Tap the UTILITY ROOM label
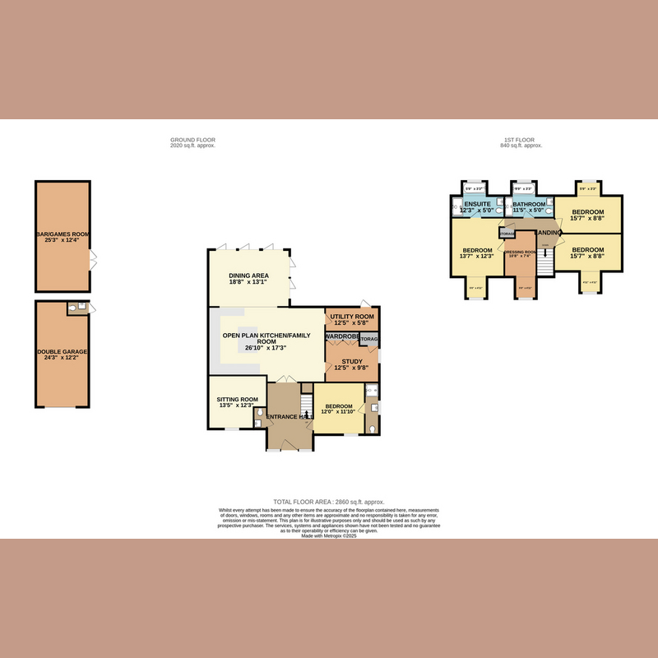pyautogui.click(x=352, y=316)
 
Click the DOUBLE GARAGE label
pyautogui.click(x=63, y=352)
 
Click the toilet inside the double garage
pyautogui.click(x=75, y=308)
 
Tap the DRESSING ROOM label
pyautogui.click(x=520, y=253)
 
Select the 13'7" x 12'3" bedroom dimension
pyautogui.click(x=477, y=257)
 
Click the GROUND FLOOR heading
pyautogui.click(x=192, y=140)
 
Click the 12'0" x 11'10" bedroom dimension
pyautogui.click(x=339, y=411)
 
